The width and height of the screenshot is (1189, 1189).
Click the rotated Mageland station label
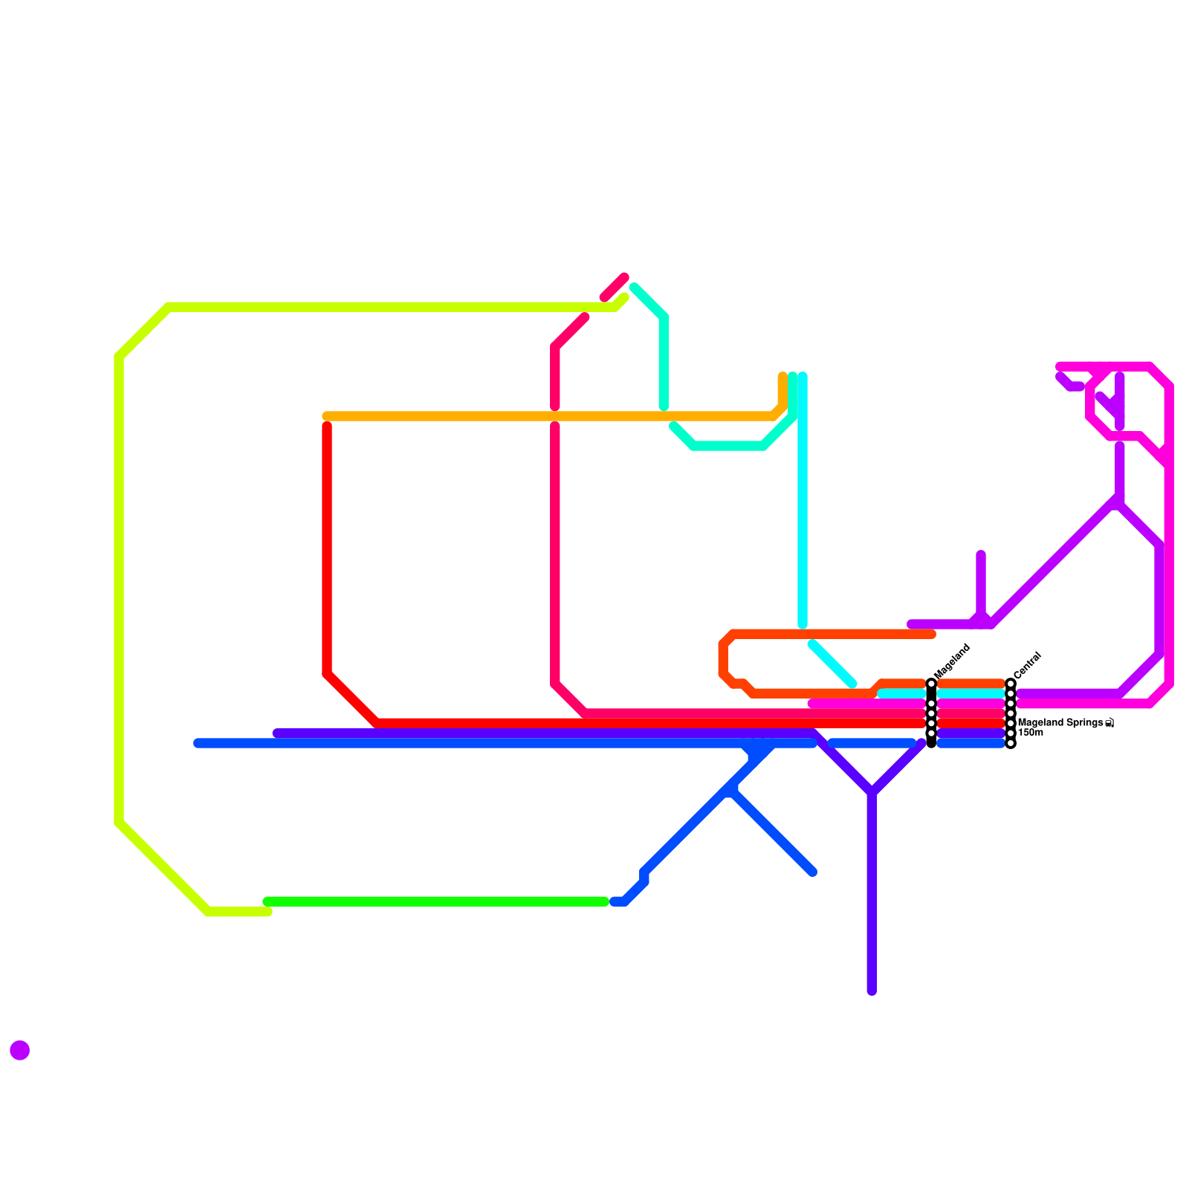click(952, 660)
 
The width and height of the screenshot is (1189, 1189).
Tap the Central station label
click(1028, 665)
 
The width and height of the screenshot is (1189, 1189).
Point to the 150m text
click(1031, 733)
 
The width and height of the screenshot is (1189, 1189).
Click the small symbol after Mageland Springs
click(1109, 723)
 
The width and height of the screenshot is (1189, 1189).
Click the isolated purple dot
click(20, 1050)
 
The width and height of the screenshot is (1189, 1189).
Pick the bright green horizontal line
click(437, 901)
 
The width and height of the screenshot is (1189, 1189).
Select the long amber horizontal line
click(550, 416)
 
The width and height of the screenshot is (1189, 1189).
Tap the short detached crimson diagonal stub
click(615, 287)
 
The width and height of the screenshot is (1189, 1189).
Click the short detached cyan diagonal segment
click(832, 663)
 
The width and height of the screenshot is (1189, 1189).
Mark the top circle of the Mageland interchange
click(931, 683)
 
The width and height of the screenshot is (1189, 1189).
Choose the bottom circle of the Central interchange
click(1011, 743)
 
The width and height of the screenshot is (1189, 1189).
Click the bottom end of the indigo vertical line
click(872, 991)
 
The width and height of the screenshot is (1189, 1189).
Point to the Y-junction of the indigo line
click(872, 792)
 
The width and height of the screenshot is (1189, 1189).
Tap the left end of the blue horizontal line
click(198, 743)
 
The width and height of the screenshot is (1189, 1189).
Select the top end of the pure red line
click(327, 426)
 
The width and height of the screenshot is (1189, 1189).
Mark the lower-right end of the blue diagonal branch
click(813, 872)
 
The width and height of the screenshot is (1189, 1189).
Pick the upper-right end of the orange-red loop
click(932, 634)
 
